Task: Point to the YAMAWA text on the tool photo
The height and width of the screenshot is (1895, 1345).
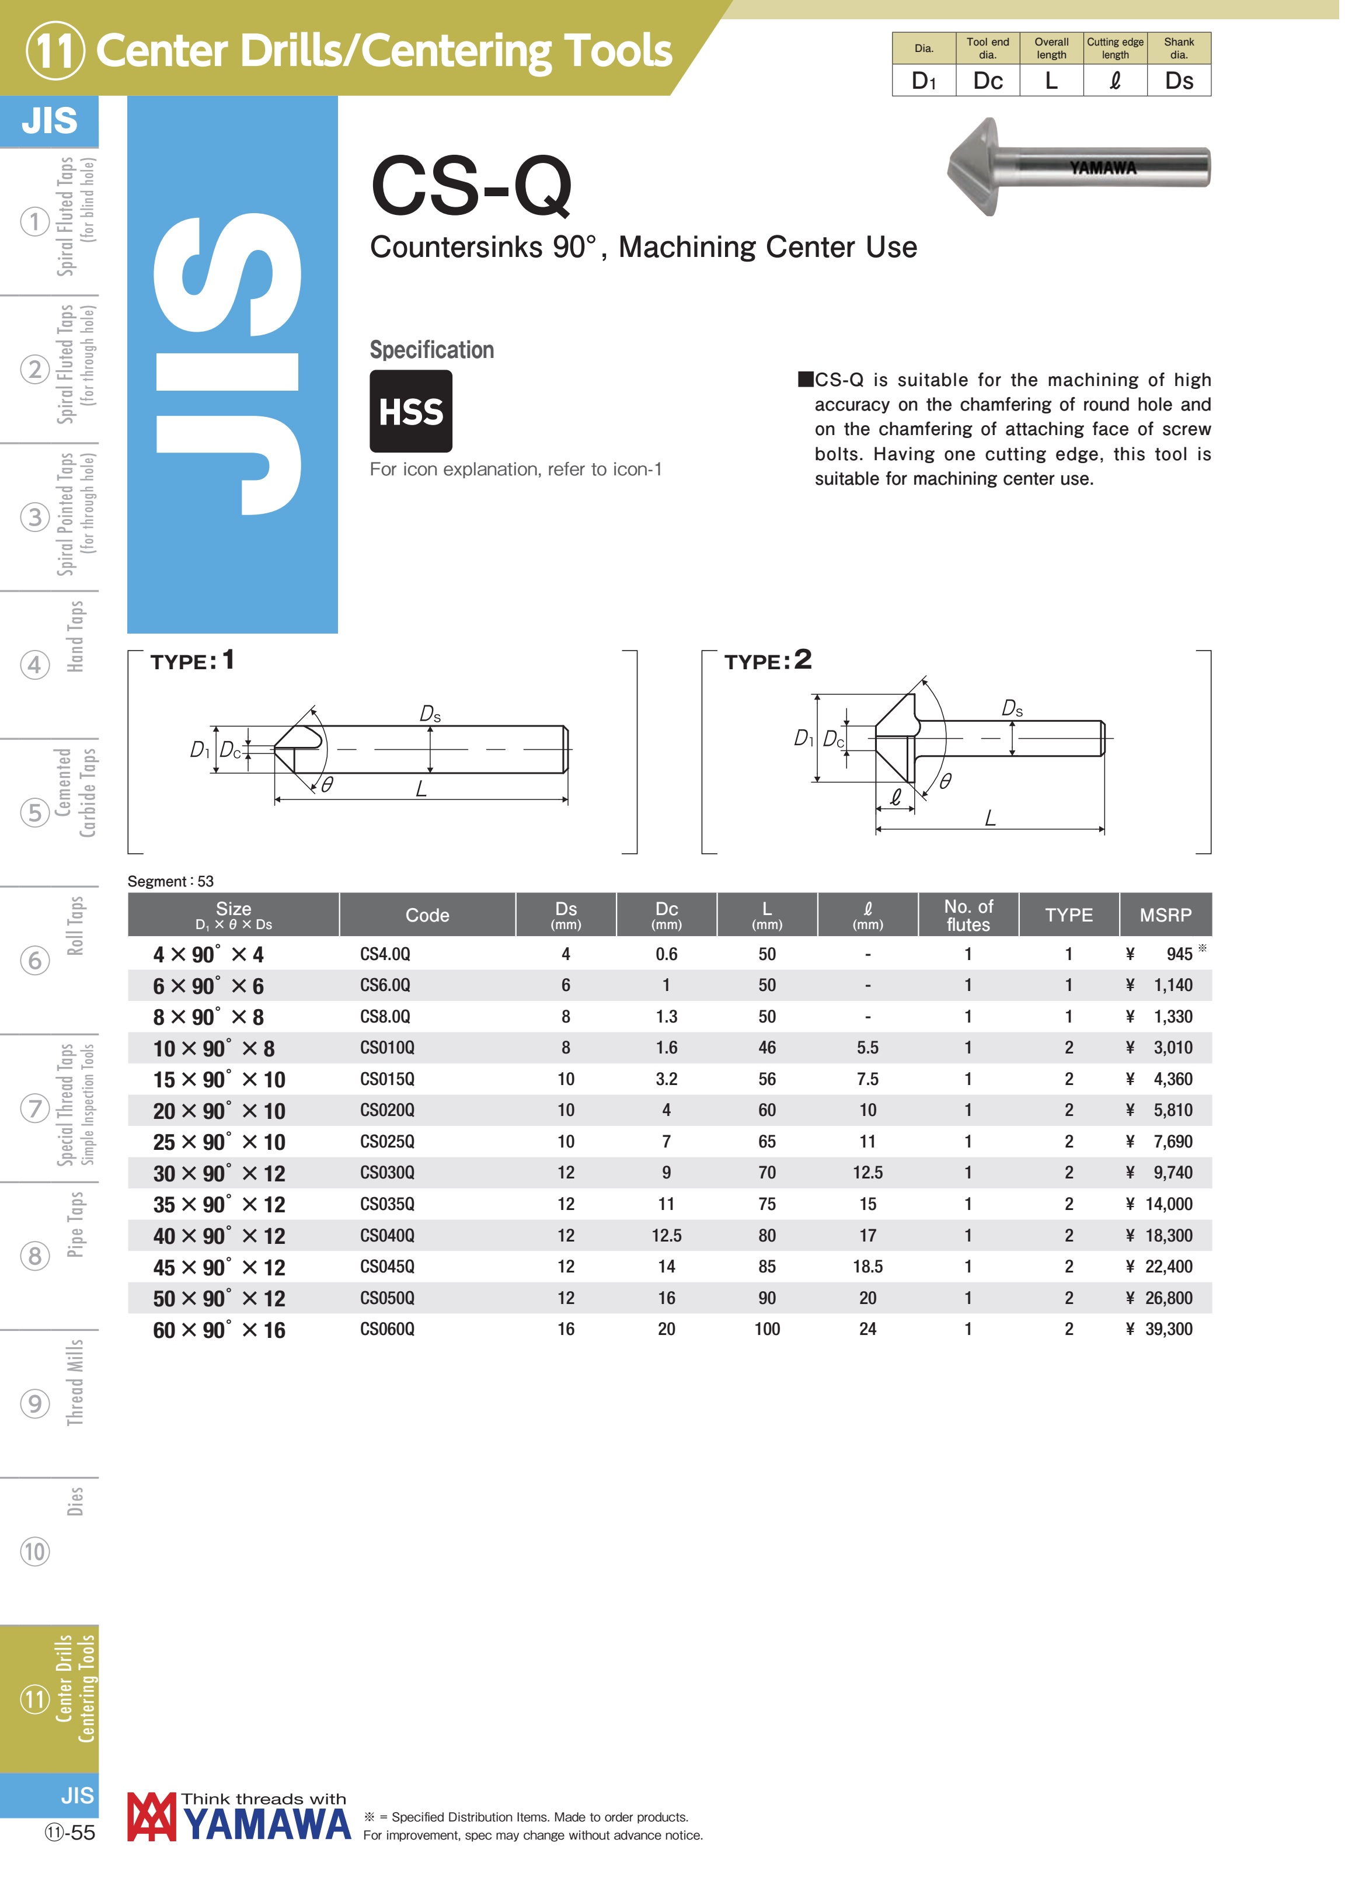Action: click(x=1106, y=169)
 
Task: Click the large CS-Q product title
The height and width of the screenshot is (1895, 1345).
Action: click(x=473, y=186)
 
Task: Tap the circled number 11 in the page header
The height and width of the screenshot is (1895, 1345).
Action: click(x=55, y=51)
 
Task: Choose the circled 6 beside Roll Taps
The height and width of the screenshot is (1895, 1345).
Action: click(x=35, y=964)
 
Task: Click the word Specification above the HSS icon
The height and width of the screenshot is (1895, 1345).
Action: click(x=433, y=352)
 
